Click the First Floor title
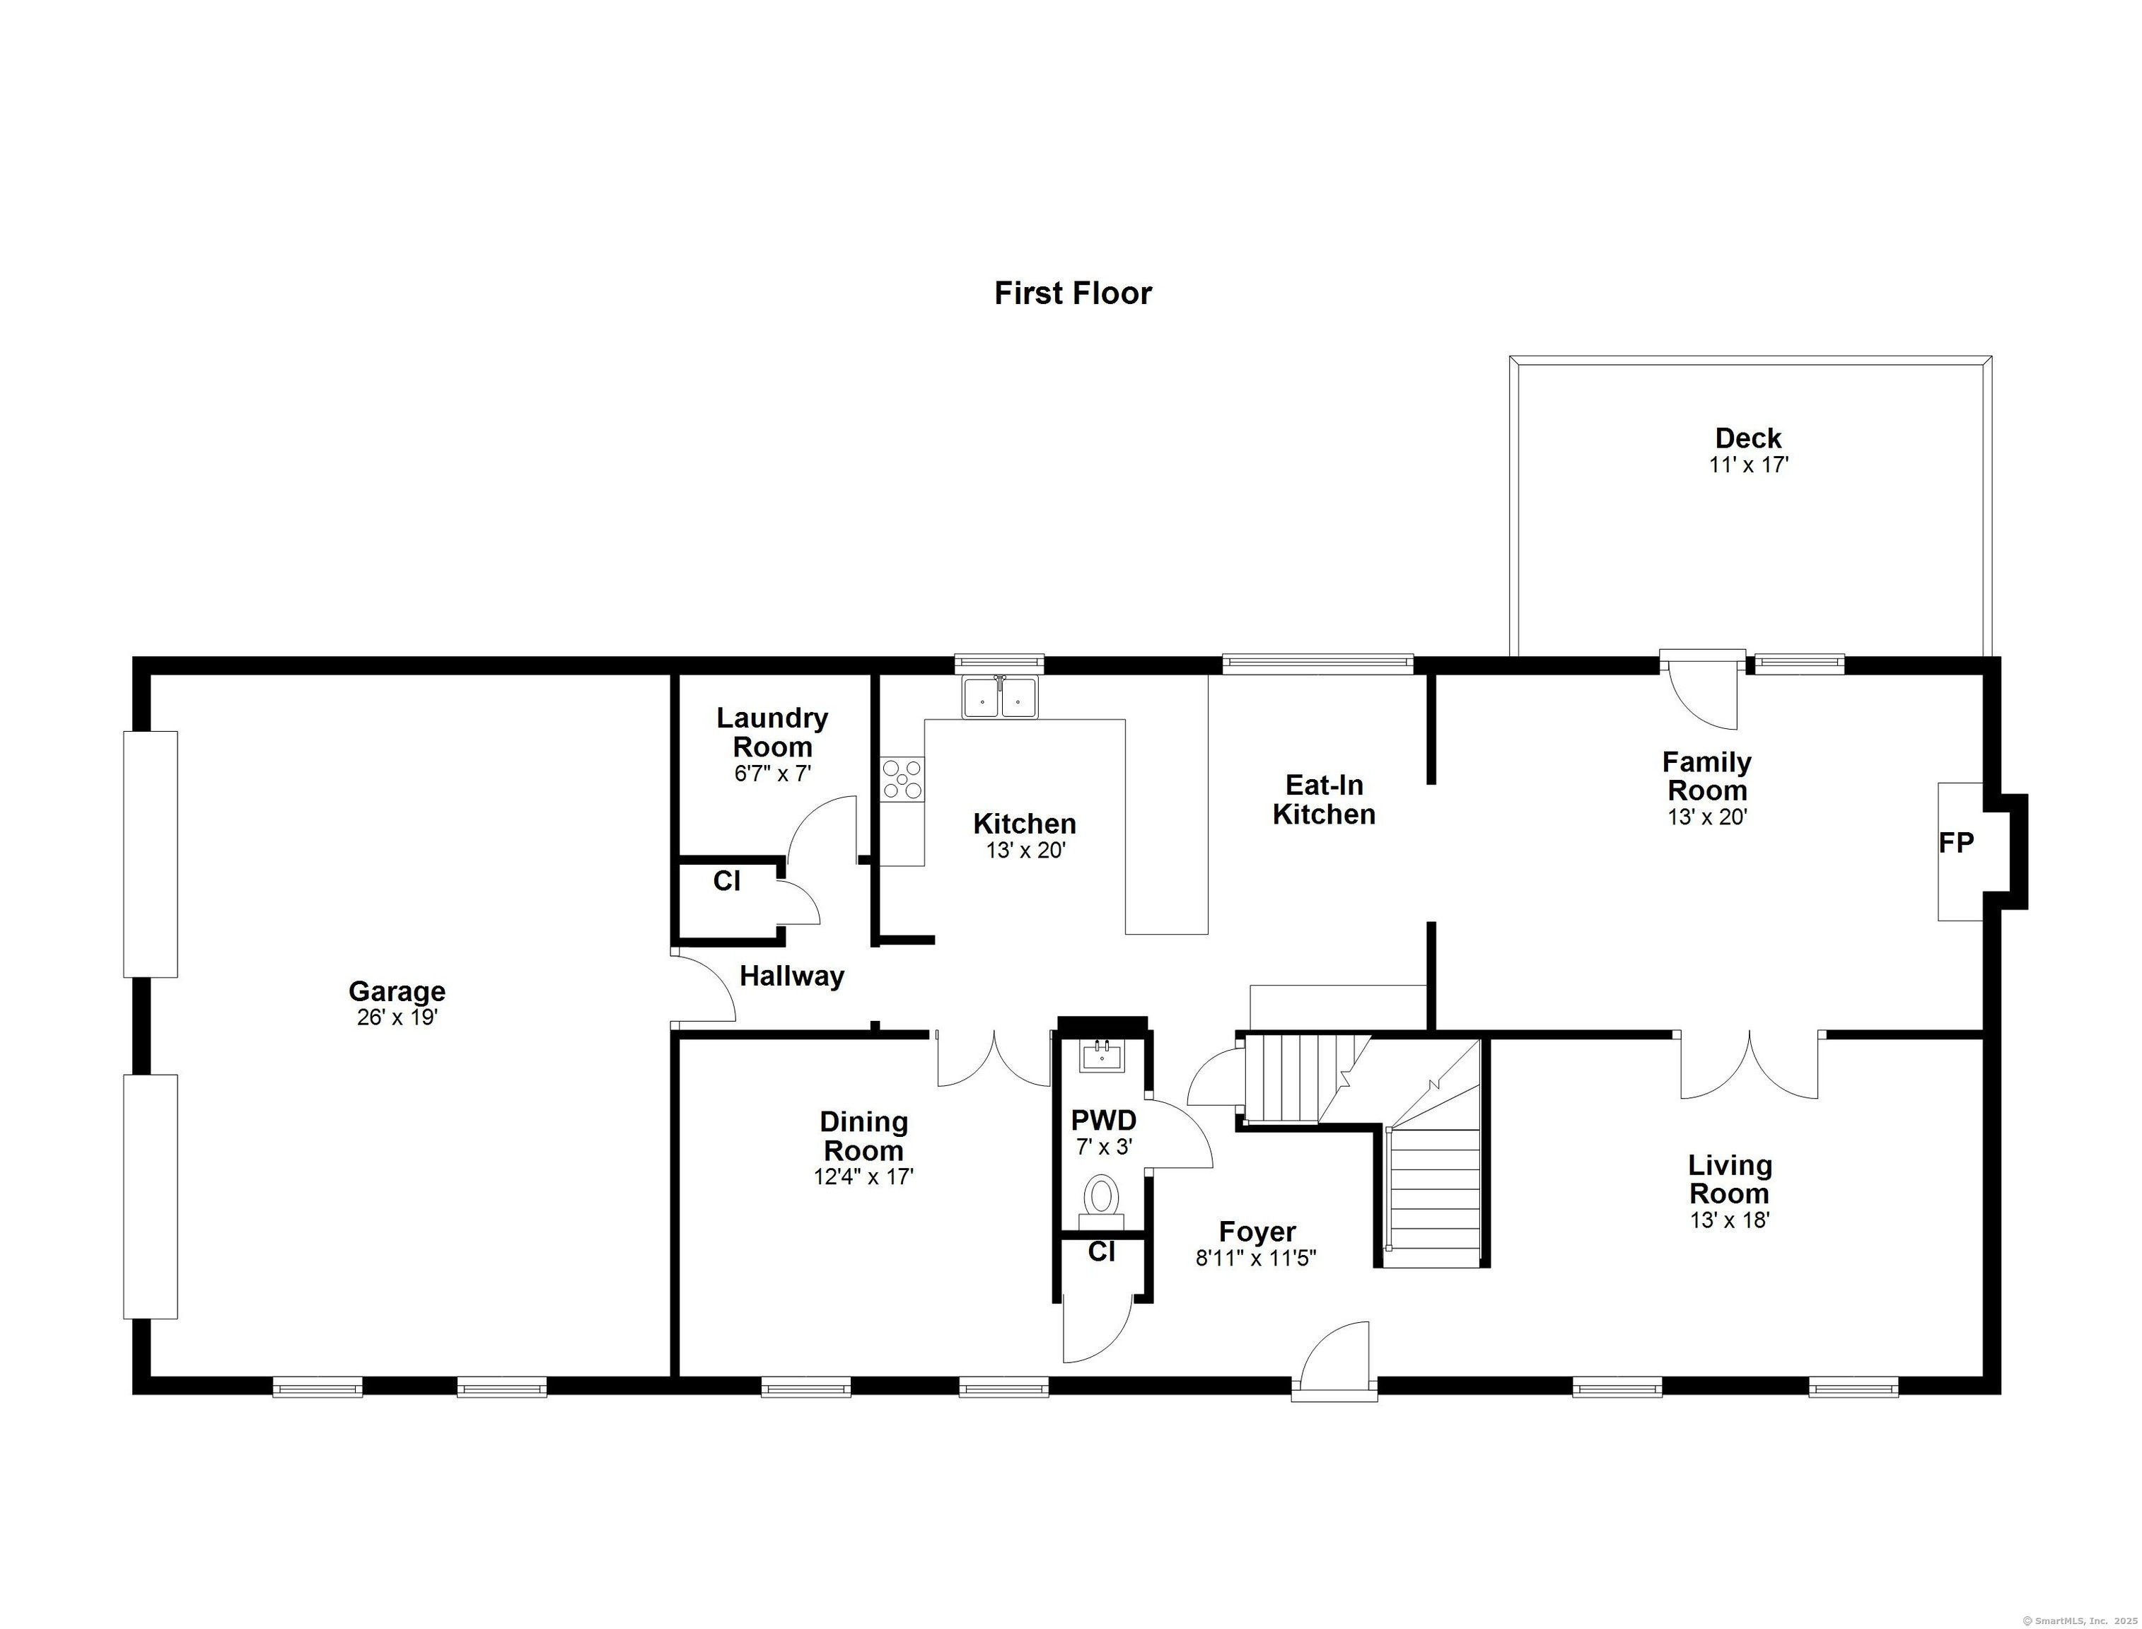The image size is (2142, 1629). pyautogui.click(x=1073, y=293)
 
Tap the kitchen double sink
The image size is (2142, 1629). pyautogui.click(x=1000, y=696)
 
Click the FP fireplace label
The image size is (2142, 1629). pyautogui.click(x=1956, y=843)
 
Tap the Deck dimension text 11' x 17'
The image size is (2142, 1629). pyautogui.click(x=1748, y=465)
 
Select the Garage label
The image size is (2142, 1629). pyautogui.click(x=397, y=991)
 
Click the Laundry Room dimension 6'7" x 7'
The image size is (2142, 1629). pyautogui.click(x=772, y=773)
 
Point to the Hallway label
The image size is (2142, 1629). pyautogui.click(x=791, y=976)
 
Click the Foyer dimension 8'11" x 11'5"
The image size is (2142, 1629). pyautogui.click(x=1256, y=1259)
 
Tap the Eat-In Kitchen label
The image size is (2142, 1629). pyautogui.click(x=1324, y=799)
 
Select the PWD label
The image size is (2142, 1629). pyautogui.click(x=1103, y=1121)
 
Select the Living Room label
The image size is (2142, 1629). pyautogui.click(x=1730, y=1179)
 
